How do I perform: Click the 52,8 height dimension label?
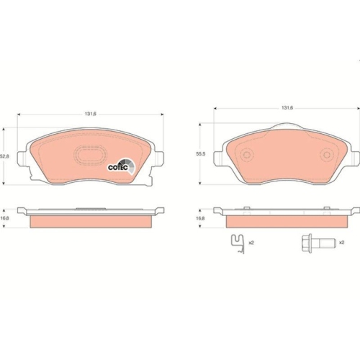click(5, 156)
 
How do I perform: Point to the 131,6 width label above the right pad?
click(287, 108)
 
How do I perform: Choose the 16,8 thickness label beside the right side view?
click(202, 218)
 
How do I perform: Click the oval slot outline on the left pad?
click(89, 156)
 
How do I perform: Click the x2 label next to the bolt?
click(341, 243)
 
